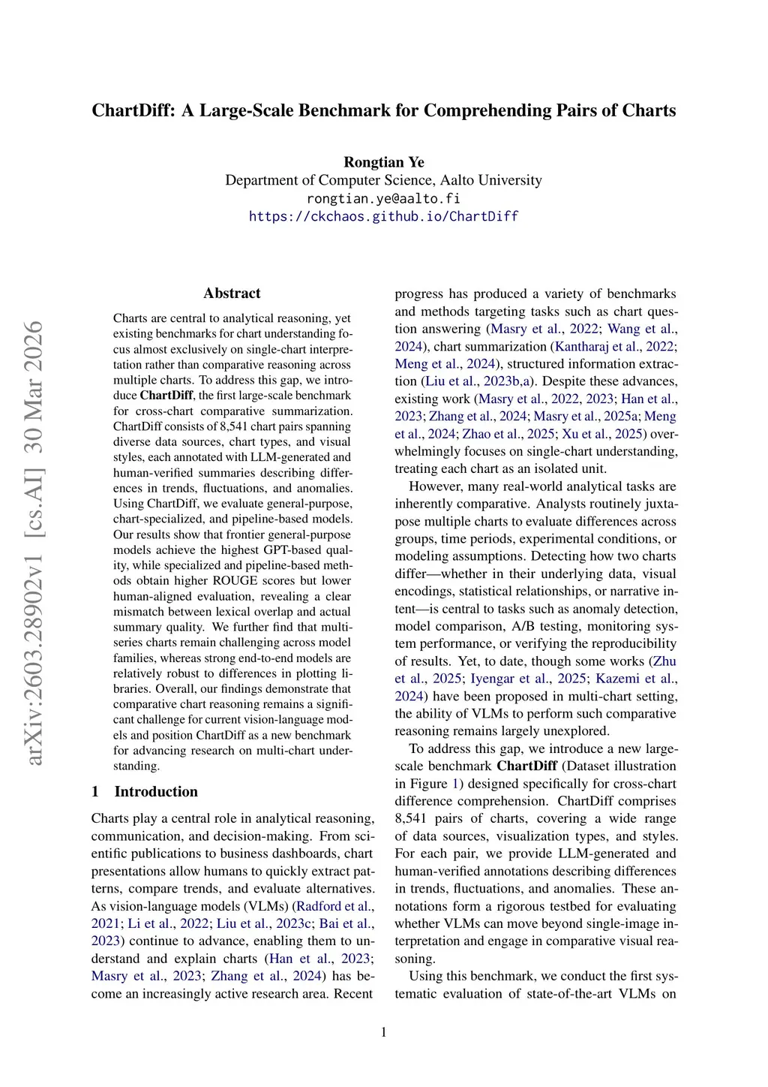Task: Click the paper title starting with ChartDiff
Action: tap(383, 110)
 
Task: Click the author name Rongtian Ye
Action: tap(383, 162)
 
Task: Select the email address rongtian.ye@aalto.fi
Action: tap(383, 198)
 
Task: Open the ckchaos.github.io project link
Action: tap(383, 216)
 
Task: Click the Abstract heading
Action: tap(232, 294)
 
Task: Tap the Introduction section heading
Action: tap(156, 791)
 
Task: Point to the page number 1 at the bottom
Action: tap(384, 1032)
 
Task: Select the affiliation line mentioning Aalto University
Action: tap(383, 180)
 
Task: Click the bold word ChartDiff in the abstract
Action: tap(166, 396)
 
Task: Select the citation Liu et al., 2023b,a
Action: tap(478, 381)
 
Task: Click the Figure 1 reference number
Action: tap(454, 784)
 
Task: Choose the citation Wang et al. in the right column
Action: tap(641, 329)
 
